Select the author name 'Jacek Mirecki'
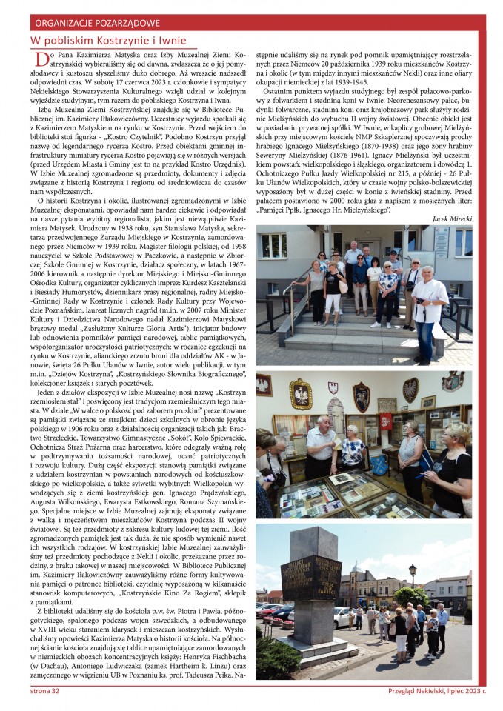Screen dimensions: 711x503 [x=450, y=219]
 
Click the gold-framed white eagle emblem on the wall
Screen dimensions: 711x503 [x=300, y=393]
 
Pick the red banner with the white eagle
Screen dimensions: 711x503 [x=387, y=420]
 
